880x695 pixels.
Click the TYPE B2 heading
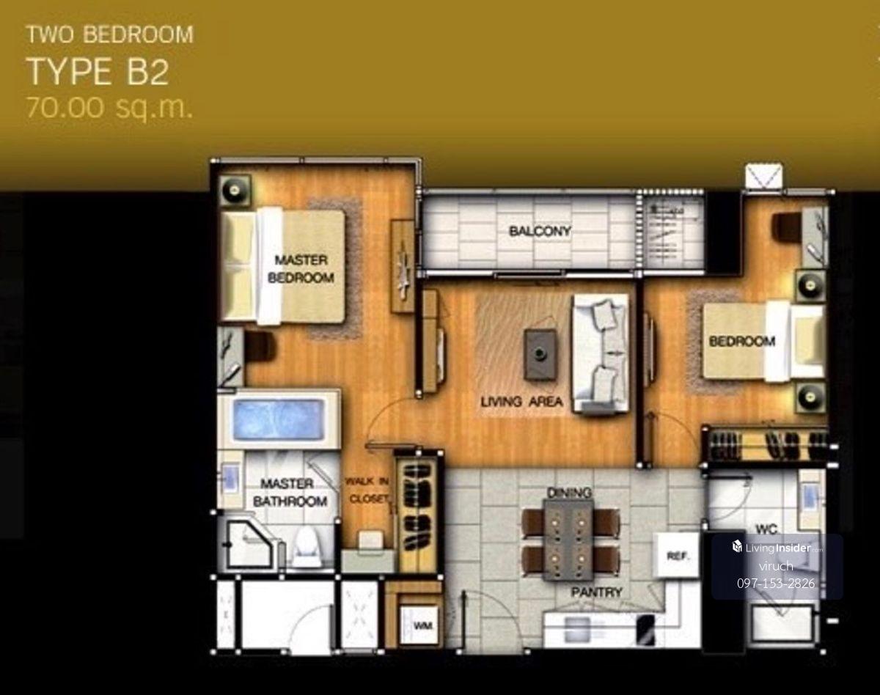(x=98, y=72)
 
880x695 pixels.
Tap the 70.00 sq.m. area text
(x=109, y=109)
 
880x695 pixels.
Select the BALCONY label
(x=540, y=232)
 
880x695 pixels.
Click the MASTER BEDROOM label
(x=301, y=268)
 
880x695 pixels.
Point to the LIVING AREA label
(x=522, y=402)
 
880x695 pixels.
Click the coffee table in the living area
(x=540, y=355)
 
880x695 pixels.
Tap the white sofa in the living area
(x=601, y=353)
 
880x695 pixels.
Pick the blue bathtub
(x=278, y=419)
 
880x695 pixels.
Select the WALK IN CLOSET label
(x=367, y=490)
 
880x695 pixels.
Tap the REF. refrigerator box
(x=677, y=555)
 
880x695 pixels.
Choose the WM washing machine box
(x=420, y=625)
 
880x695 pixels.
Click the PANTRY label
(x=597, y=592)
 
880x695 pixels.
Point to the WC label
(x=766, y=529)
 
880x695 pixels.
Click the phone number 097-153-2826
(x=776, y=584)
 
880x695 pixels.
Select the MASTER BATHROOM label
(x=290, y=492)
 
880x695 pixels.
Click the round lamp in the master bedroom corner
(x=235, y=190)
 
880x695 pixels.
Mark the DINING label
(x=569, y=493)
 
